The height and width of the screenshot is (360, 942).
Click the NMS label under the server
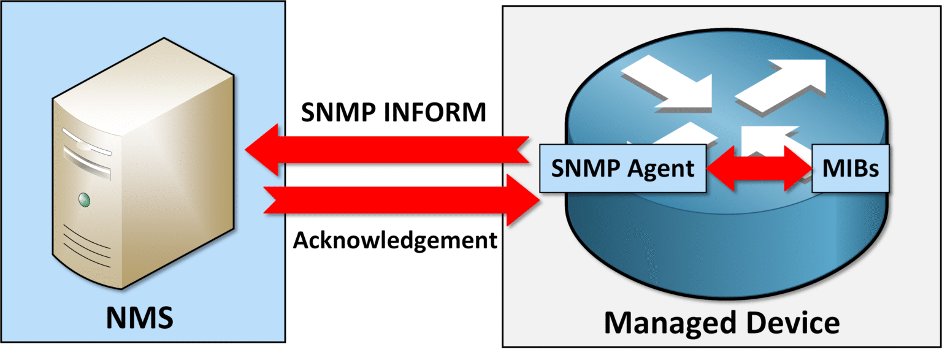pyautogui.click(x=140, y=317)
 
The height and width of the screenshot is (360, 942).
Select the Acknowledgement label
pyautogui.click(x=394, y=240)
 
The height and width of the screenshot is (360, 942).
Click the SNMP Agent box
pyautogui.click(x=622, y=167)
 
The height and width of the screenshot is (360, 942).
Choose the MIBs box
pyautogui.click(x=849, y=168)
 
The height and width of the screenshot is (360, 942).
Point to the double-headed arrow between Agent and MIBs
pyautogui.click(x=758, y=167)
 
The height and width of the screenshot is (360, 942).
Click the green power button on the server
pyautogui.click(x=84, y=199)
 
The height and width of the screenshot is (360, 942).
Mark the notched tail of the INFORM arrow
pyautogui.click(x=521, y=149)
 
